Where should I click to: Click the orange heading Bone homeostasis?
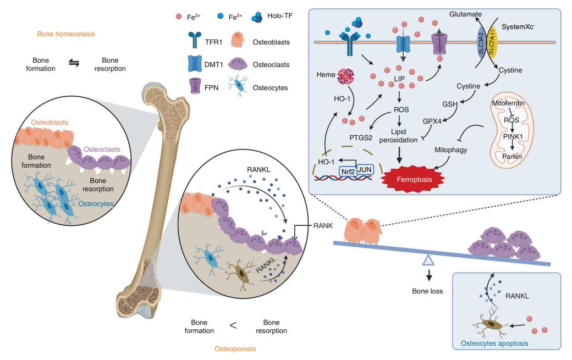tap(66, 34)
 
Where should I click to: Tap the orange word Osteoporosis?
tap(235, 348)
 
